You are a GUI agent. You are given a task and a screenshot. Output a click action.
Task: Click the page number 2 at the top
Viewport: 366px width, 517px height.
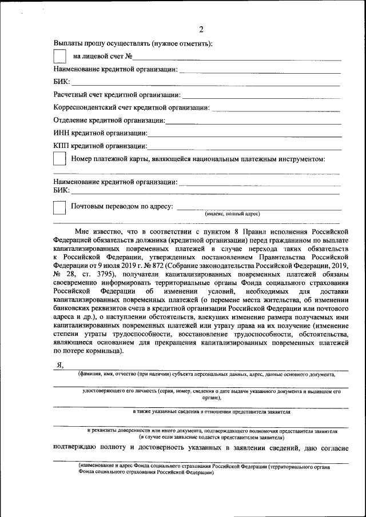click(200, 30)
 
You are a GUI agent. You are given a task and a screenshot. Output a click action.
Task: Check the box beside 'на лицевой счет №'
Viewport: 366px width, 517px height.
click(59, 56)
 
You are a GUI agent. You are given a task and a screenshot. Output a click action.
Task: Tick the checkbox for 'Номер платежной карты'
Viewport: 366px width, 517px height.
click(59, 160)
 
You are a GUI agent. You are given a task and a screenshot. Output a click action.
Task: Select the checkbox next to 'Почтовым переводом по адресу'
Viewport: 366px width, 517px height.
click(59, 207)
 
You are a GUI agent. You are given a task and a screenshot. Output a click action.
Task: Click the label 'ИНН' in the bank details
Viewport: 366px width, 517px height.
click(62, 134)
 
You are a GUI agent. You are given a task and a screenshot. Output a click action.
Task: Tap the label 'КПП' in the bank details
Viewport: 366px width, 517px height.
click(62, 146)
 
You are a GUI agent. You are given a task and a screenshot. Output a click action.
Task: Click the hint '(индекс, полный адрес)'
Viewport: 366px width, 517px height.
click(232, 214)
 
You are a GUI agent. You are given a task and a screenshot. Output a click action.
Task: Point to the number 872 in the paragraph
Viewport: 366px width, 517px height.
click(147, 266)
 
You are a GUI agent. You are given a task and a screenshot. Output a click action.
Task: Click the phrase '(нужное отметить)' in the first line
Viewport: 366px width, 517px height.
click(181, 43)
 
